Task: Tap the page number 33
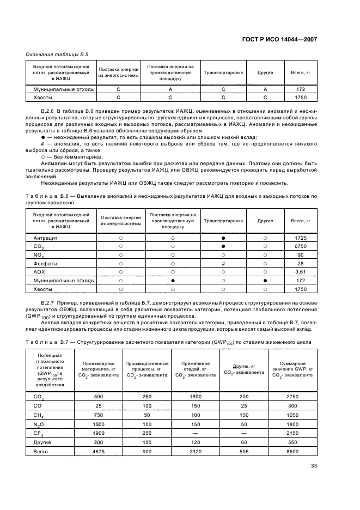[314, 465]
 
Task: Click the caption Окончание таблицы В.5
[53, 53]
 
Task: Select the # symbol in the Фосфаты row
[223, 263]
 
